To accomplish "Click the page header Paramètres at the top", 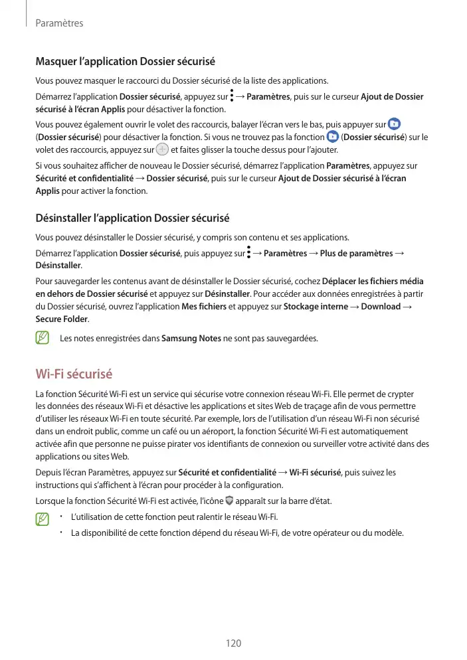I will coord(59,23).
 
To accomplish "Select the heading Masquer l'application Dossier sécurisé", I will coord(125,62).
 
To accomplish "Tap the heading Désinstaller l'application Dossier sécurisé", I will coord(132,218).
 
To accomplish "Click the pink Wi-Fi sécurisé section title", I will coord(74,374).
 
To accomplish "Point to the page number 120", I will coord(233,643).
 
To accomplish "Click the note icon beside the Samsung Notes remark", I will coord(43,339).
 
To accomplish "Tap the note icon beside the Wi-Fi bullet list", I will coord(43,518).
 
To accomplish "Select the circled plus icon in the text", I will coord(161,150).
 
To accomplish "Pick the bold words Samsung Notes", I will coord(191,339).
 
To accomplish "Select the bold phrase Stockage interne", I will coord(316,306).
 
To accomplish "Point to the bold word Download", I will coord(381,306).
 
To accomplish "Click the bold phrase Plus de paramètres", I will coord(356,253).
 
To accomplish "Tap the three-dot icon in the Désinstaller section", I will coord(248,252).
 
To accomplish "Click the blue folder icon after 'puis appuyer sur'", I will coord(394,124).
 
